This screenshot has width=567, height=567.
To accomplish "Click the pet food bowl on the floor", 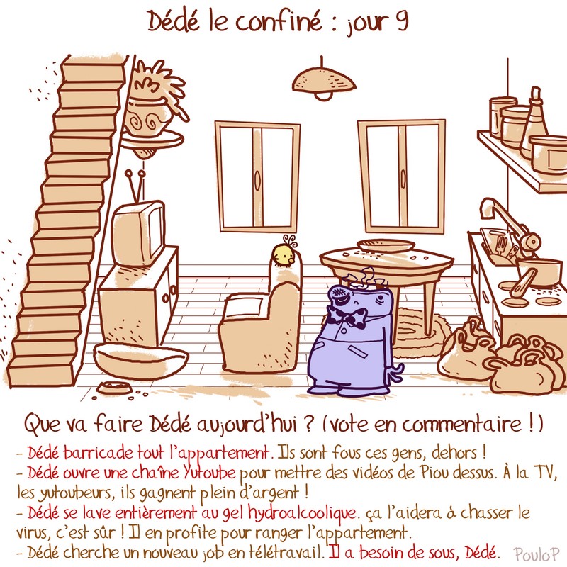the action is click(114, 387).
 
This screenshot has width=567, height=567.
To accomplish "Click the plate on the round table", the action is click(386, 245).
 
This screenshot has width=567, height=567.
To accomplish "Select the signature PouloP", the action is click(537, 554).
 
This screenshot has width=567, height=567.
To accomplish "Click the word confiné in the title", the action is click(279, 21).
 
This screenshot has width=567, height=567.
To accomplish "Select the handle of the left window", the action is click(257, 179).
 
